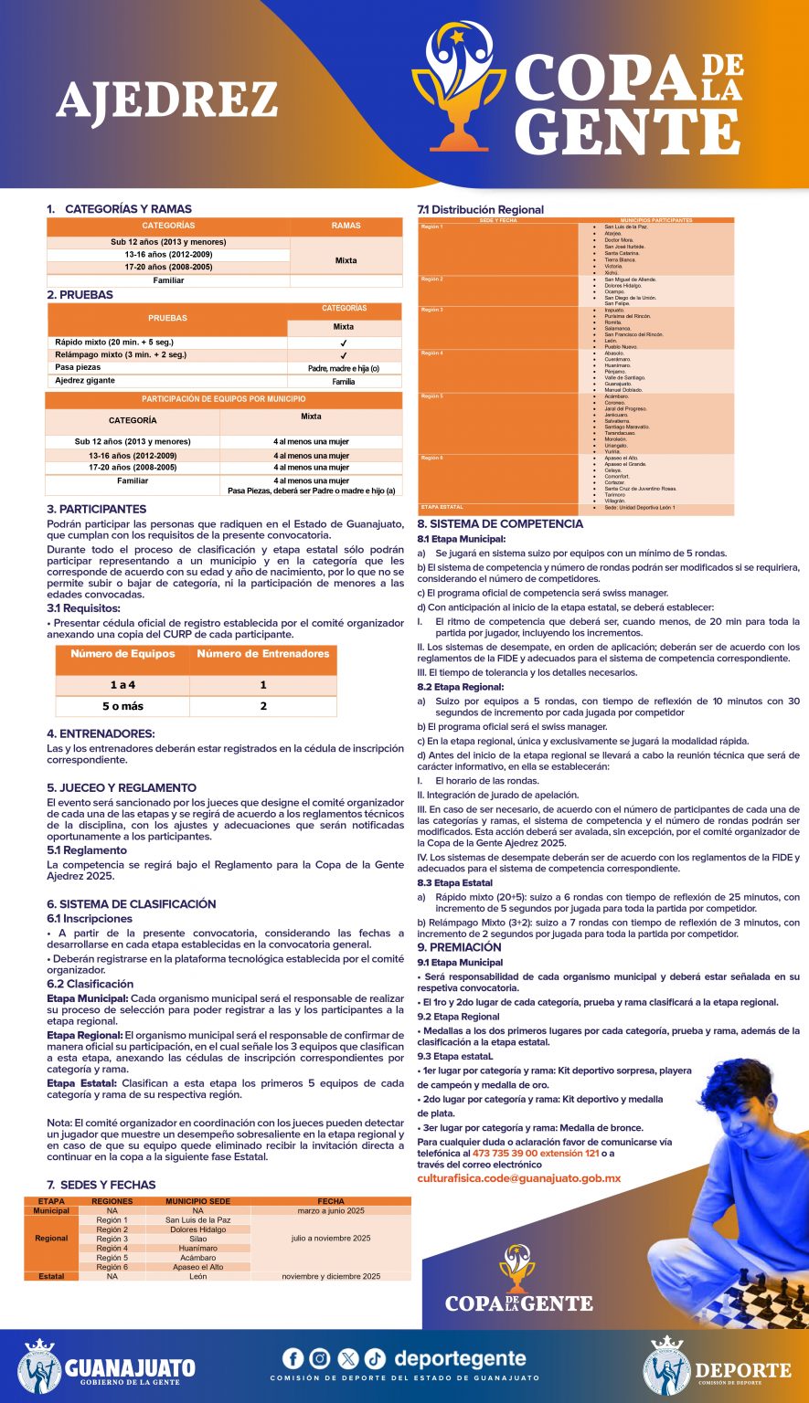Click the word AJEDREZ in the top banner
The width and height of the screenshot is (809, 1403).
[x=167, y=100]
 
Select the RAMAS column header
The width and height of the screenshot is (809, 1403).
[x=346, y=226]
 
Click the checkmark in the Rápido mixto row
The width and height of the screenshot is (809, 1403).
[x=344, y=343]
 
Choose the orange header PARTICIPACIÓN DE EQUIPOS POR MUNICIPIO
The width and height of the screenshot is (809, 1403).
[x=223, y=399]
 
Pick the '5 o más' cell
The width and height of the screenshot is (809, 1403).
[x=122, y=706]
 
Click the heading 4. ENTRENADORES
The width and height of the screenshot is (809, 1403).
[x=101, y=733]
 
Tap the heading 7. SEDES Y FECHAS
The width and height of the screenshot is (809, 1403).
[x=101, y=1185]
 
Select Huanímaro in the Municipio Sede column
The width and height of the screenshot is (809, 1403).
[x=197, y=1248]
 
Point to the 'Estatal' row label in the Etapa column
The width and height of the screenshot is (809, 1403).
[x=51, y=1276]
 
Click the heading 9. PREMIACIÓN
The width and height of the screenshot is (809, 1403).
[x=459, y=947]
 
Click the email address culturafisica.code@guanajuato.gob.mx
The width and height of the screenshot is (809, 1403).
[x=518, y=1178]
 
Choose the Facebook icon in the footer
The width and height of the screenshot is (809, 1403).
[x=293, y=1358]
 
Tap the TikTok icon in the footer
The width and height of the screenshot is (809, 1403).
[x=376, y=1358]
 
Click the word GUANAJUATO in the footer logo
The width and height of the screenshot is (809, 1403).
[x=130, y=1367]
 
